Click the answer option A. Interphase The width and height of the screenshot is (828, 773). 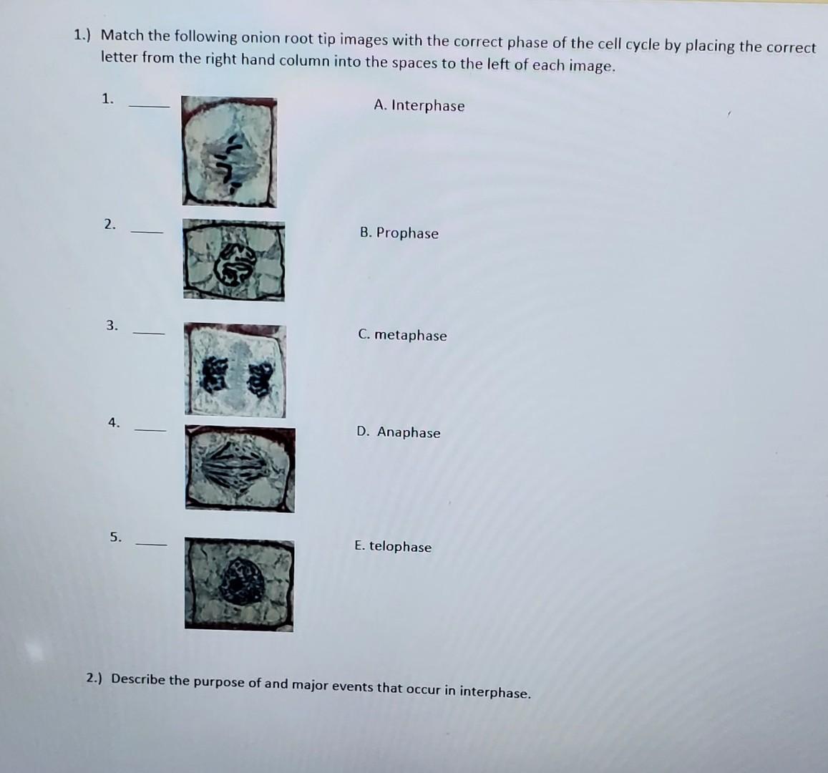pos(419,106)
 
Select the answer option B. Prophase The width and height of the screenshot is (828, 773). pos(399,233)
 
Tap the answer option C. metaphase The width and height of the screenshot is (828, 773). pos(402,335)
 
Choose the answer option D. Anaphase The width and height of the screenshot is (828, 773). pos(399,432)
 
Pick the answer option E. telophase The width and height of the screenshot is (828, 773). pos(393,546)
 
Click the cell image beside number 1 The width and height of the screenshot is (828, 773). pos(229,152)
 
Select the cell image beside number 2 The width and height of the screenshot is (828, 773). pos(233,260)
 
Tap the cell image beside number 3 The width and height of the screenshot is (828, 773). pos(235,370)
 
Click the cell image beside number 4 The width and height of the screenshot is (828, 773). pos(240,469)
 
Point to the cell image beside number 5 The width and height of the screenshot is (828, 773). pos(238,584)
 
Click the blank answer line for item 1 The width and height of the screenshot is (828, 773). pos(149,106)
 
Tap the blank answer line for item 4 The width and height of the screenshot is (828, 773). pos(150,430)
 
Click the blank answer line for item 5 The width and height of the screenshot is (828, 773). pos(151,545)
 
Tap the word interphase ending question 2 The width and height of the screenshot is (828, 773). pos(495,692)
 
